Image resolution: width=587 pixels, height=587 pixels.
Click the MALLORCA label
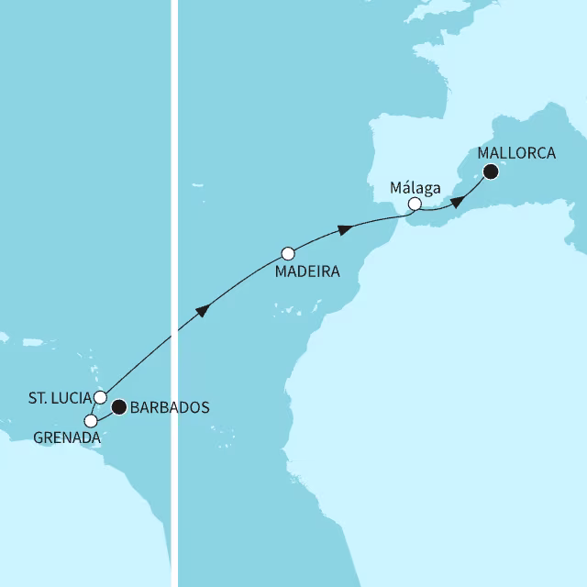tap(516, 153)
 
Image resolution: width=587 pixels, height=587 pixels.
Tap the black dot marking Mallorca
tap(491, 172)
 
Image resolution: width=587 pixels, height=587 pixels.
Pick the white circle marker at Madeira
tap(288, 252)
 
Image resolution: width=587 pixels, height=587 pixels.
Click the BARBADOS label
tap(172, 407)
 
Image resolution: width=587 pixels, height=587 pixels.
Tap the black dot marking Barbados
tap(118, 406)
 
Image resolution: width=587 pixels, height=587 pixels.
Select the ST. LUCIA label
tap(60, 397)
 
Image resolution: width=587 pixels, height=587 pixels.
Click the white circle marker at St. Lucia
tap(100, 397)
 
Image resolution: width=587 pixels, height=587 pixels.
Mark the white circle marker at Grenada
tap(90, 420)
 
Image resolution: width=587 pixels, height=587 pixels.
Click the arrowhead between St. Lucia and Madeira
tap(204, 312)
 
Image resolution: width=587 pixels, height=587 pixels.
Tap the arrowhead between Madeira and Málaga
tap(345, 228)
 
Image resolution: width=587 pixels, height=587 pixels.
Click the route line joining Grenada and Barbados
tap(104, 417)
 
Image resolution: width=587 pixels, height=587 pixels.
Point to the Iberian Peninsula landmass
tap(404, 156)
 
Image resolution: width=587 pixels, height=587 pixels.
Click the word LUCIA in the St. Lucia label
tap(72, 397)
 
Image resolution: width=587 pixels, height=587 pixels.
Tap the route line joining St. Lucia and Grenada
tap(94, 409)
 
